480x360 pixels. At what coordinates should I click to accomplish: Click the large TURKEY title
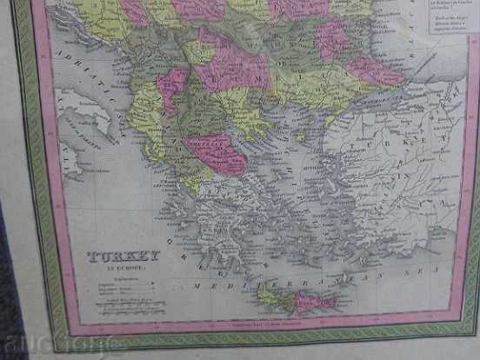click(123, 255)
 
